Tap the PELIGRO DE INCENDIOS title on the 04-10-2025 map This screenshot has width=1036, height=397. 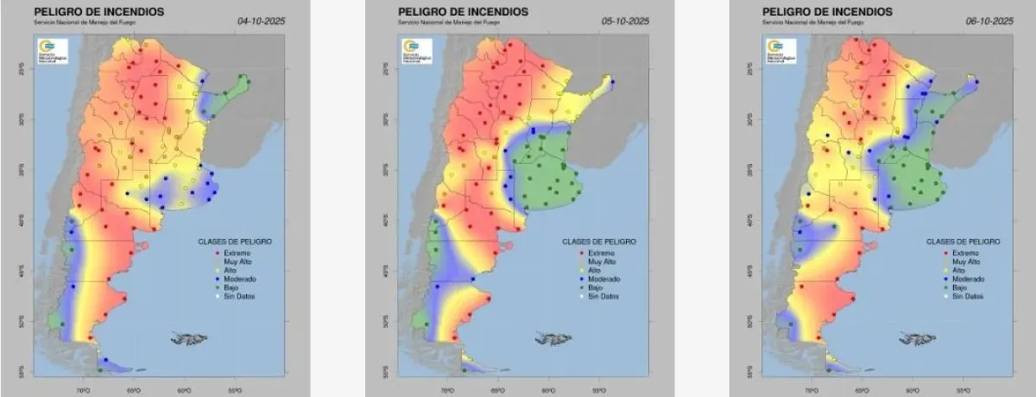tap(90, 11)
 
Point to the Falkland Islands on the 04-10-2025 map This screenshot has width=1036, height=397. tap(187, 337)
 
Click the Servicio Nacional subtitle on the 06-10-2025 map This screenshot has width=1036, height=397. tap(811, 21)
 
